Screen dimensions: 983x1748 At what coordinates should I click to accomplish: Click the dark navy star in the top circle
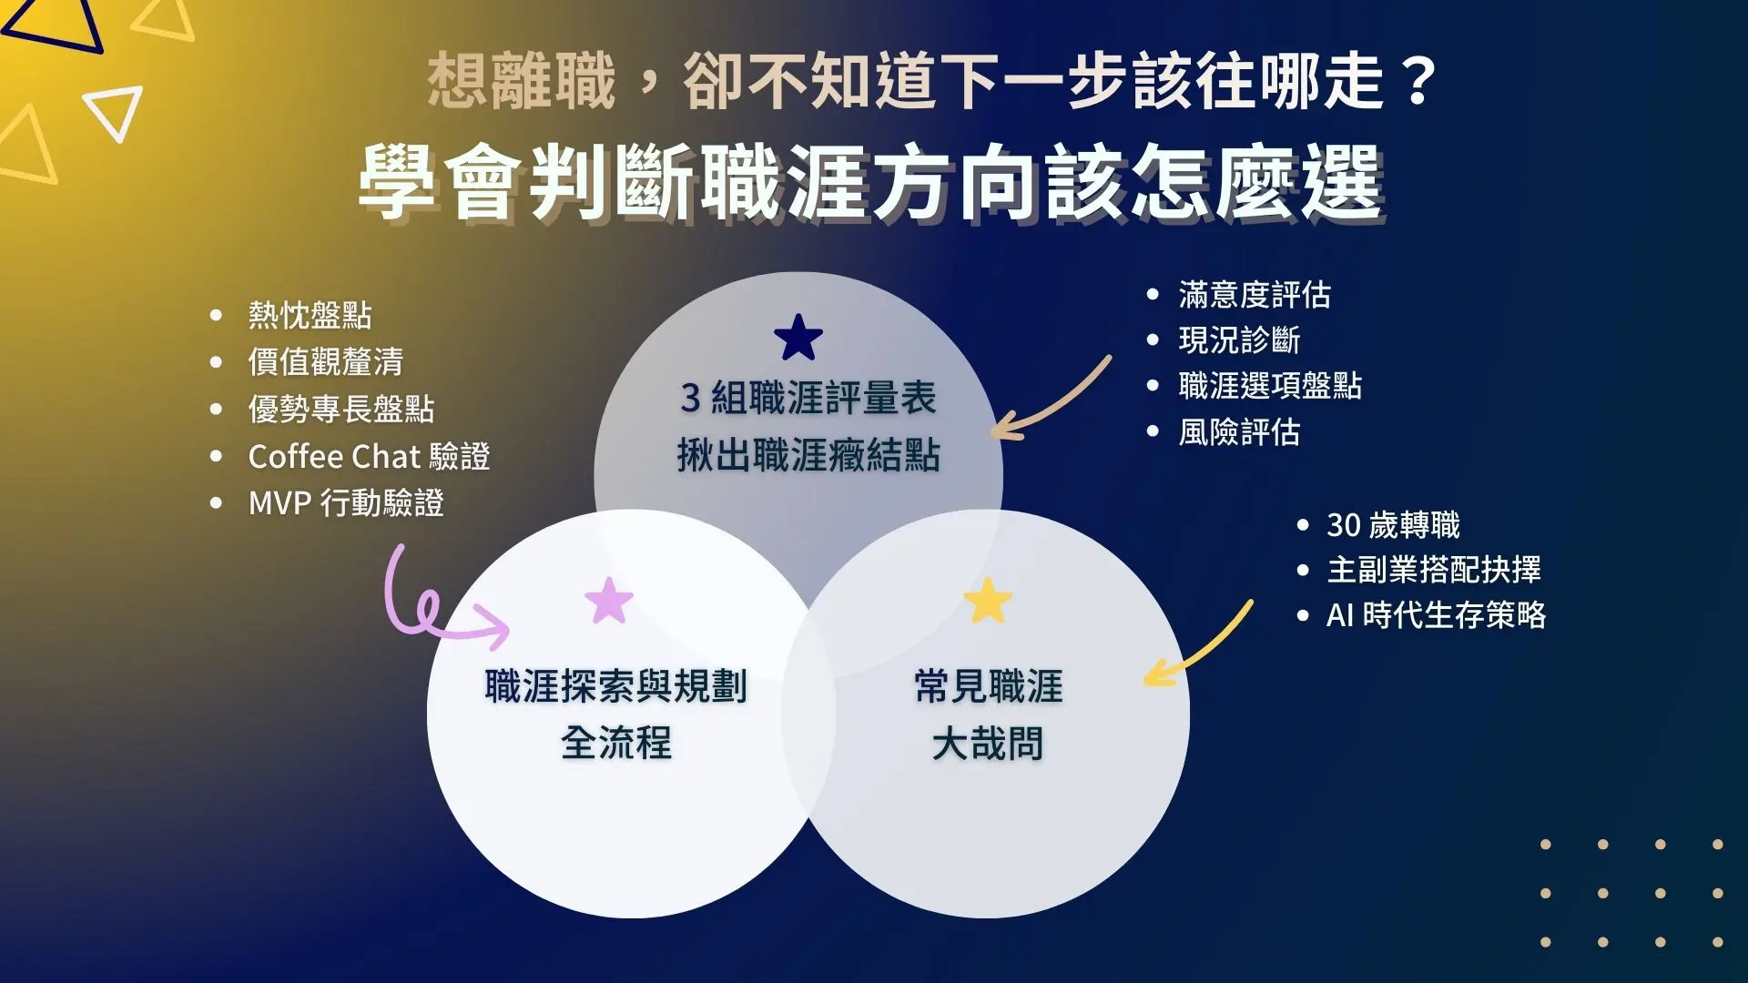[x=798, y=338]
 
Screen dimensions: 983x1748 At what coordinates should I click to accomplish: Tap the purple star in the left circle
[x=609, y=601]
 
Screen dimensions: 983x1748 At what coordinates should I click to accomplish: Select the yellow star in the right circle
[x=988, y=601]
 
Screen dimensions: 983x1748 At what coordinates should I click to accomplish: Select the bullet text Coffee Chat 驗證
[x=369, y=456]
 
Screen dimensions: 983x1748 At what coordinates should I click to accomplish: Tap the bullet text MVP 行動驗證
[x=346, y=502]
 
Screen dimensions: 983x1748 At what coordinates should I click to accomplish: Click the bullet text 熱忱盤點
[x=310, y=315]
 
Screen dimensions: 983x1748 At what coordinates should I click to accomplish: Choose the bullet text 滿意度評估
[x=1255, y=294]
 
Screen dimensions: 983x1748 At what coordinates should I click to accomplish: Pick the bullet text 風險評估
[x=1239, y=431]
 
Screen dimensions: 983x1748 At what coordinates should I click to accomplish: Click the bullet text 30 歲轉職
[x=1393, y=524]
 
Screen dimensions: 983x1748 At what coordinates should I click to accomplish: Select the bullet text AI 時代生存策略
[x=1436, y=614]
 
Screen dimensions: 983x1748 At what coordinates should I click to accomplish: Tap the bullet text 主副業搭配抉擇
[x=1434, y=569]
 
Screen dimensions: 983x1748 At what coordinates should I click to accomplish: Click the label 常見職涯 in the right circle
[x=989, y=686]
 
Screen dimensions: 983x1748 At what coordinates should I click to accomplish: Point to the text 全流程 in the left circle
[x=616, y=743]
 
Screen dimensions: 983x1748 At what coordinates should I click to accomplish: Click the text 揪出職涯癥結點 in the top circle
[x=808, y=455]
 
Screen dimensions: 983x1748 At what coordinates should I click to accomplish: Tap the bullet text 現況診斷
[x=1239, y=339]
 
